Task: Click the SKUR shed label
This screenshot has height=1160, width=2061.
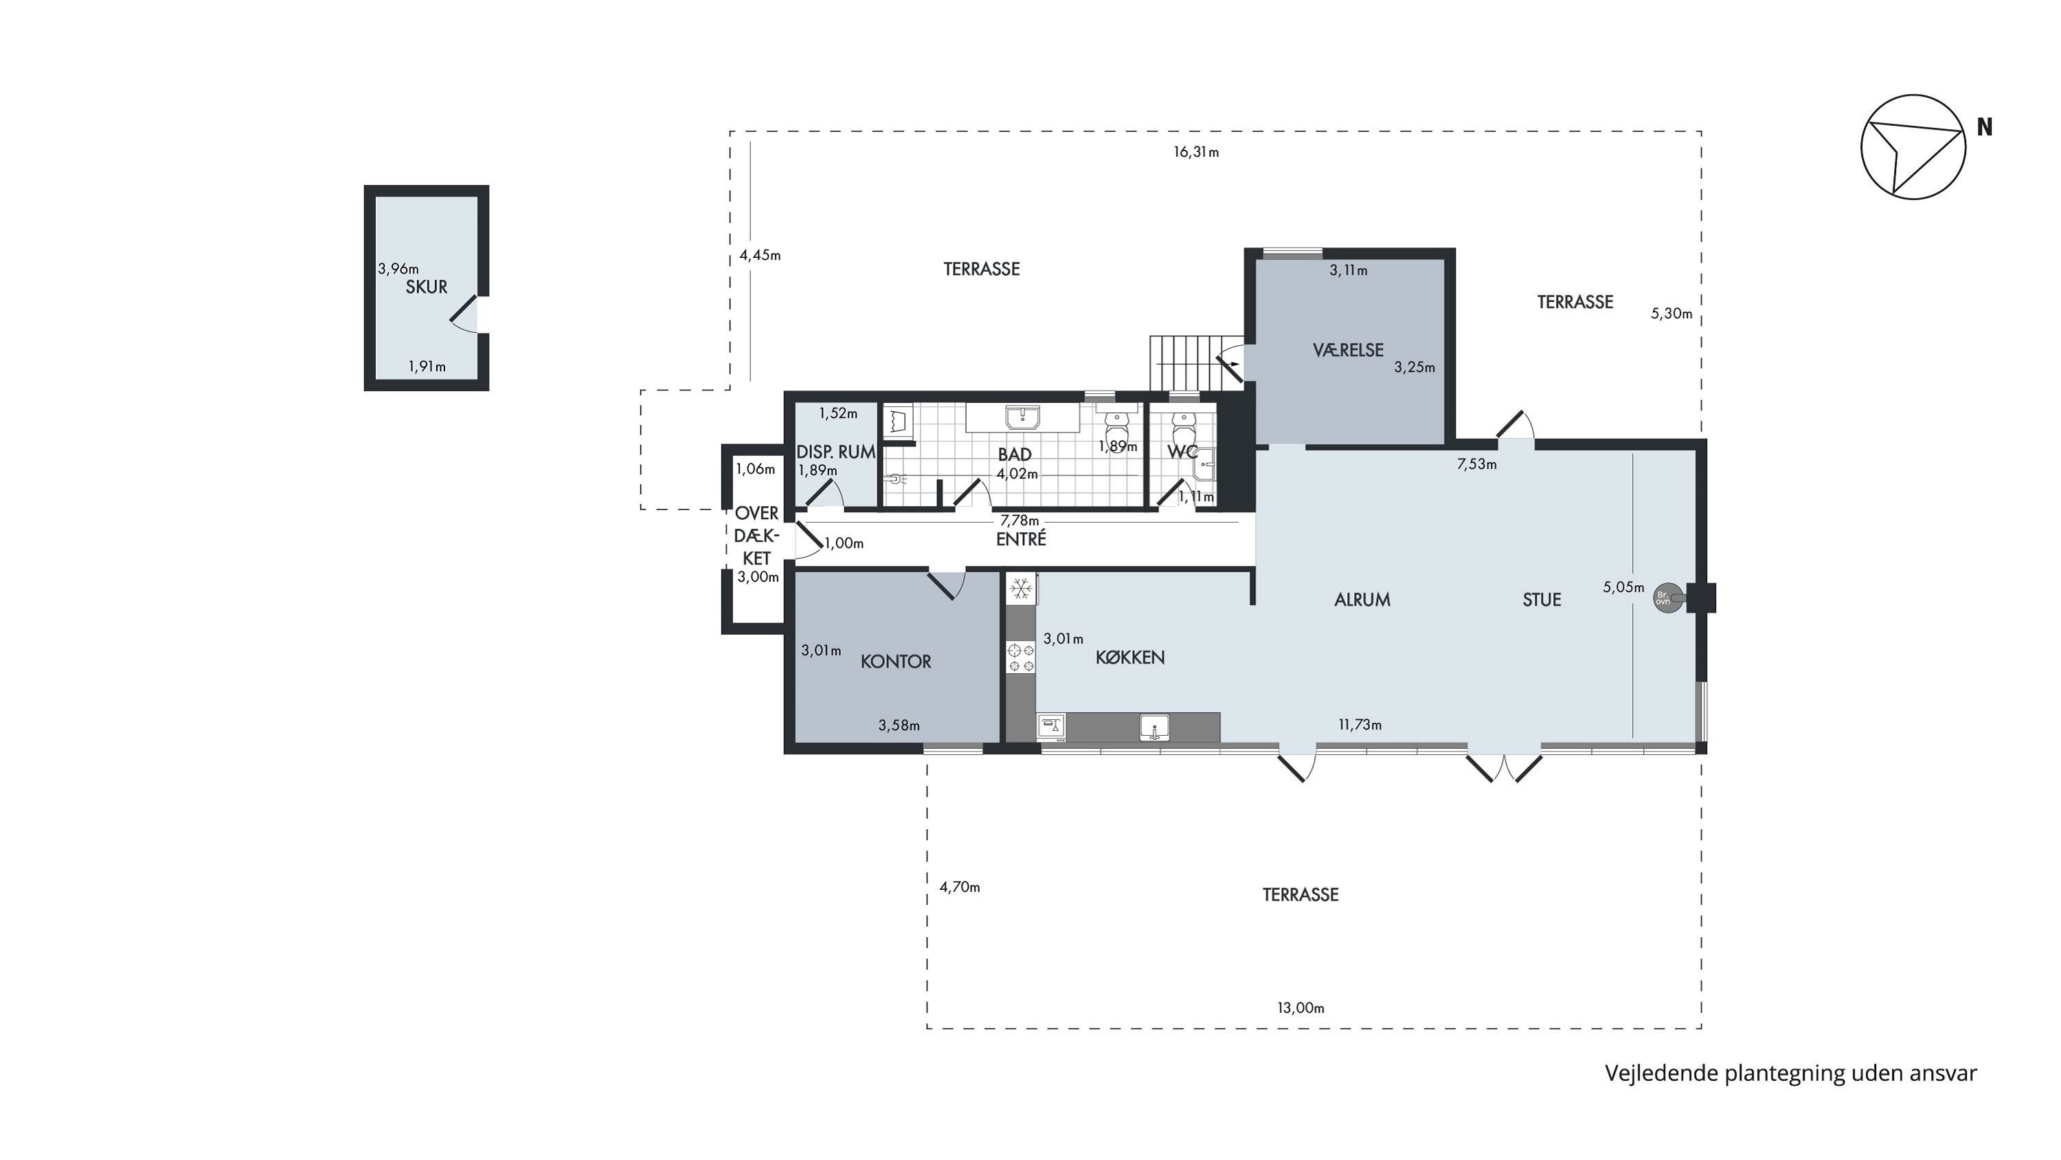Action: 426,287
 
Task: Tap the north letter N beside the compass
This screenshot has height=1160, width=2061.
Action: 1984,127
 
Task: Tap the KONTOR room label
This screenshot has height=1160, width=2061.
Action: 896,661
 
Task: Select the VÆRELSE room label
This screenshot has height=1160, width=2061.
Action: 1348,350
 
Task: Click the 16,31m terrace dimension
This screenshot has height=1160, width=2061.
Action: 1196,152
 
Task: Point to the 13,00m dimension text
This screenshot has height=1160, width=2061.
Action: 1301,1008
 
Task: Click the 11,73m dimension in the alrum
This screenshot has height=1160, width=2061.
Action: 1360,725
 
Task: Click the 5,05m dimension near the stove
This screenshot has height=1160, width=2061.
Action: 1623,587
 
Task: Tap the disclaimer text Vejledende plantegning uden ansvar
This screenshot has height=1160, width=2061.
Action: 1790,1073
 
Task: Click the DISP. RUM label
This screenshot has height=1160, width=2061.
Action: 835,452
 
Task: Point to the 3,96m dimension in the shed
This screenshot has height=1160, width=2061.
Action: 398,269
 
